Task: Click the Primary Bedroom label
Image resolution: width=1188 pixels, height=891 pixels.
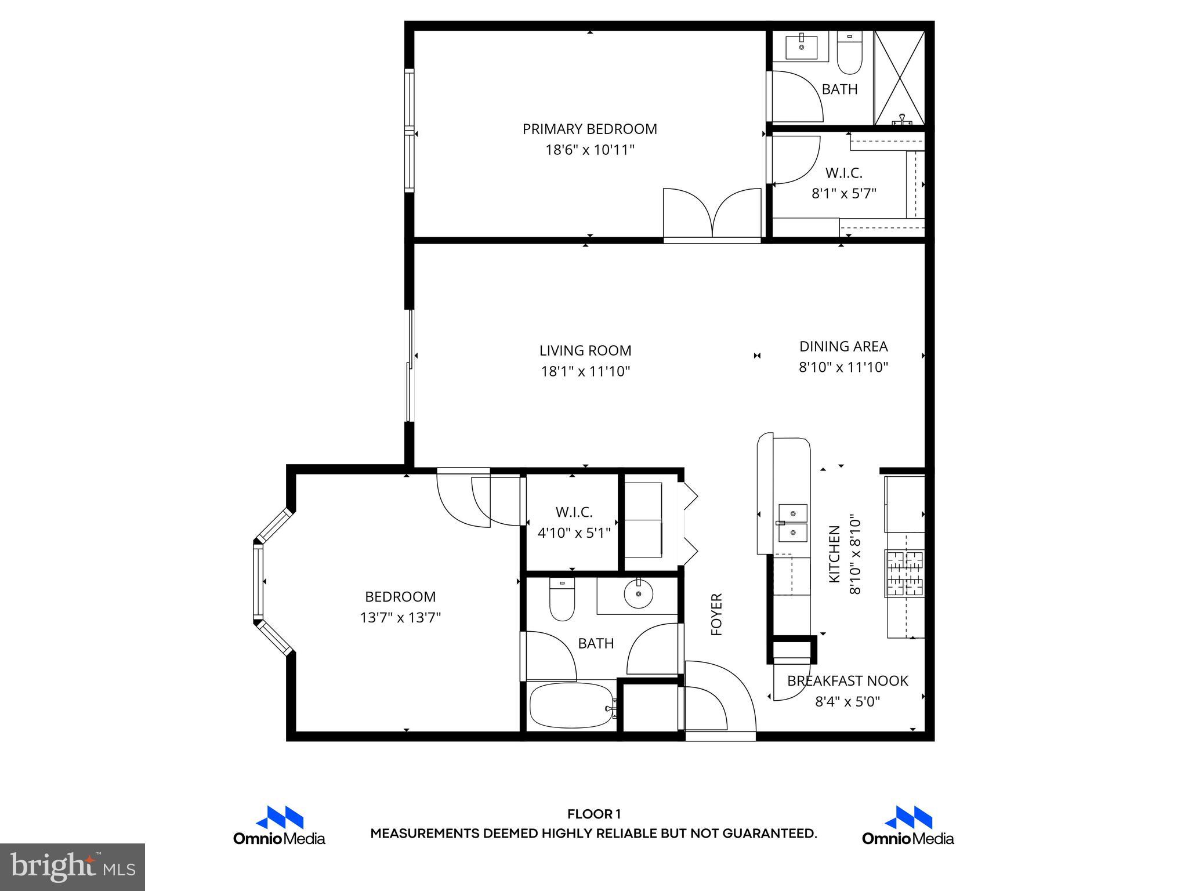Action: click(x=589, y=129)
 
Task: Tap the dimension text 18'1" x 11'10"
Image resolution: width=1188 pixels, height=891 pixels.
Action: click(x=585, y=371)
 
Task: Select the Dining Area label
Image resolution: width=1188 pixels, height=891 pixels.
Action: click(x=843, y=346)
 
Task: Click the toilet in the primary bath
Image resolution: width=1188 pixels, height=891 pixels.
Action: click(x=850, y=53)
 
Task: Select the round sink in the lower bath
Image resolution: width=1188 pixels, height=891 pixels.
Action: click(x=638, y=593)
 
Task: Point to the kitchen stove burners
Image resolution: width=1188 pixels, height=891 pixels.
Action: click(x=904, y=573)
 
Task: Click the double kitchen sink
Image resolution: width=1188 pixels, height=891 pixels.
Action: click(x=792, y=522)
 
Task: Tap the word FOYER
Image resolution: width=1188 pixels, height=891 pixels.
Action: click(x=717, y=614)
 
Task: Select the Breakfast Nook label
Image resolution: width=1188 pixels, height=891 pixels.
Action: click(x=847, y=680)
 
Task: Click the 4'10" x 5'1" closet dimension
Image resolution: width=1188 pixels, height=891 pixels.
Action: click(x=574, y=533)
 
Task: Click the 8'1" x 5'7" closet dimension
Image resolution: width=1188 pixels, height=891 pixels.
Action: click(x=843, y=193)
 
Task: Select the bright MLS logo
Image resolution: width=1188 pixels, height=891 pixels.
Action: click(x=73, y=867)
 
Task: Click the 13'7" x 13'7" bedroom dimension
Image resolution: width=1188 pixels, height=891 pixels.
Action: click(x=400, y=618)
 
